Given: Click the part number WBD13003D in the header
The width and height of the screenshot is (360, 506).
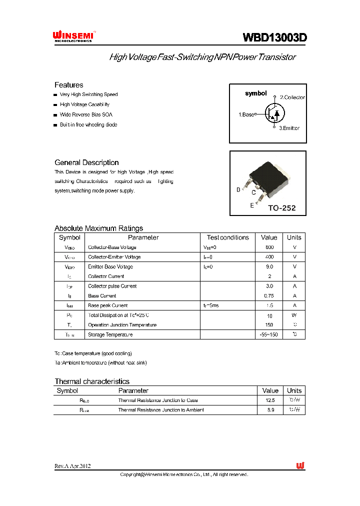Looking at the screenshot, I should coord(274,37).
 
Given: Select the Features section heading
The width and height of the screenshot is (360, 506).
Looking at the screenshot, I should coord(68,85).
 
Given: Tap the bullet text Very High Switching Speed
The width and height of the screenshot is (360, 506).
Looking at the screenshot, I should coord(88,94).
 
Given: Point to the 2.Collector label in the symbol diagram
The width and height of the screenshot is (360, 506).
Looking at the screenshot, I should coord(292,97).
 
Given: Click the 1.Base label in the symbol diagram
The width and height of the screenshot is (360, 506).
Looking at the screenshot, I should coord(246,114).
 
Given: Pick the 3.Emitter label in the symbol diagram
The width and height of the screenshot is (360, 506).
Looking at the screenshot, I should coord(289,128).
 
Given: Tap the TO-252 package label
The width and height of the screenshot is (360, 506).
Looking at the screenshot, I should coord(281,207).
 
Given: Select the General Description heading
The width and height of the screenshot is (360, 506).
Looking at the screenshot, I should coord(86,162).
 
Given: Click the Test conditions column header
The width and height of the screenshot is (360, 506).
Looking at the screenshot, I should coord(227,237).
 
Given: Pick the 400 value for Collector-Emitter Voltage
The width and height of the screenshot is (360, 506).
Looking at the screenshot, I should coord(269,257).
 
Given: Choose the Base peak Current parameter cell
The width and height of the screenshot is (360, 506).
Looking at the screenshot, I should coord(108,305).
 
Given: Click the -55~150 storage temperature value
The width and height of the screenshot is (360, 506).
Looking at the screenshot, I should coord(269,334).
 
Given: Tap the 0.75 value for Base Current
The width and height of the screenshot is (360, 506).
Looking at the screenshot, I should coord(269,296).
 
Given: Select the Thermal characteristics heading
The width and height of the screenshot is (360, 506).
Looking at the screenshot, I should coord(92,381).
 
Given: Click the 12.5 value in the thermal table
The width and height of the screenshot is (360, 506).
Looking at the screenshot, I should coord(270,400).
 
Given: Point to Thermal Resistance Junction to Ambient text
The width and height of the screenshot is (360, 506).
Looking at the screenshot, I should coord(161,410).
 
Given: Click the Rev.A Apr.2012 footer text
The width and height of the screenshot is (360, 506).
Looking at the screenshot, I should coord(72,466).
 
